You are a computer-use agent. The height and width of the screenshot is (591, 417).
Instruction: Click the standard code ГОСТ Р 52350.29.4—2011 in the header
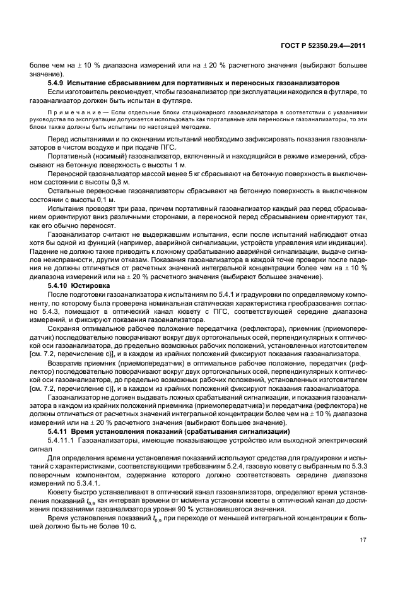coord(322,45)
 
